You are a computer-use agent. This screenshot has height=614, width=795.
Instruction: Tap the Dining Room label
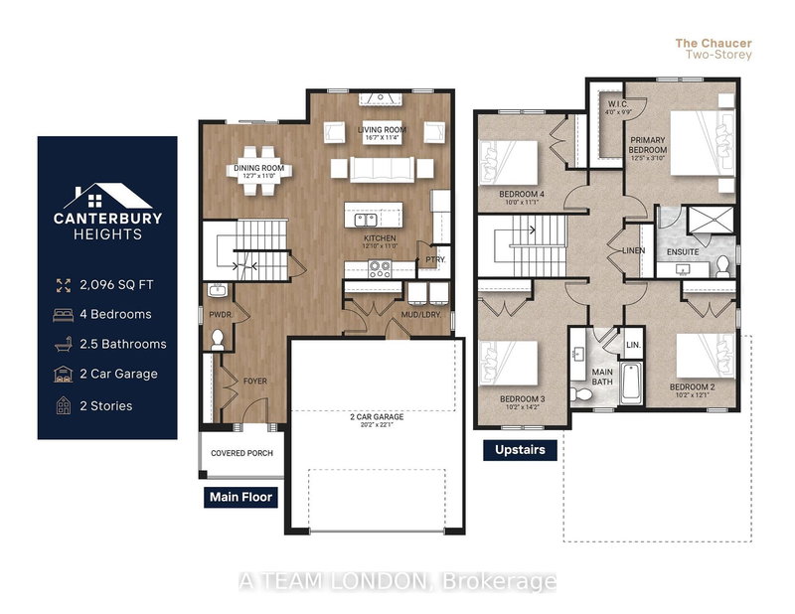[259, 169]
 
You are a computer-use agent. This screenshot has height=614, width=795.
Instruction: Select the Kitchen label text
[379, 239]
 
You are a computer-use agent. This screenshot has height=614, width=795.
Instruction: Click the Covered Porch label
[240, 453]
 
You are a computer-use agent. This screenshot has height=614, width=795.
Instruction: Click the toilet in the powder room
[219, 338]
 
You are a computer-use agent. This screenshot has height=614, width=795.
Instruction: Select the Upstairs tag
[520, 450]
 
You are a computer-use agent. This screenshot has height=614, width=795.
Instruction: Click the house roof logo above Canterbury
[107, 196]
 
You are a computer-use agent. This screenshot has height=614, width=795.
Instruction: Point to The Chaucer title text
[714, 43]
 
